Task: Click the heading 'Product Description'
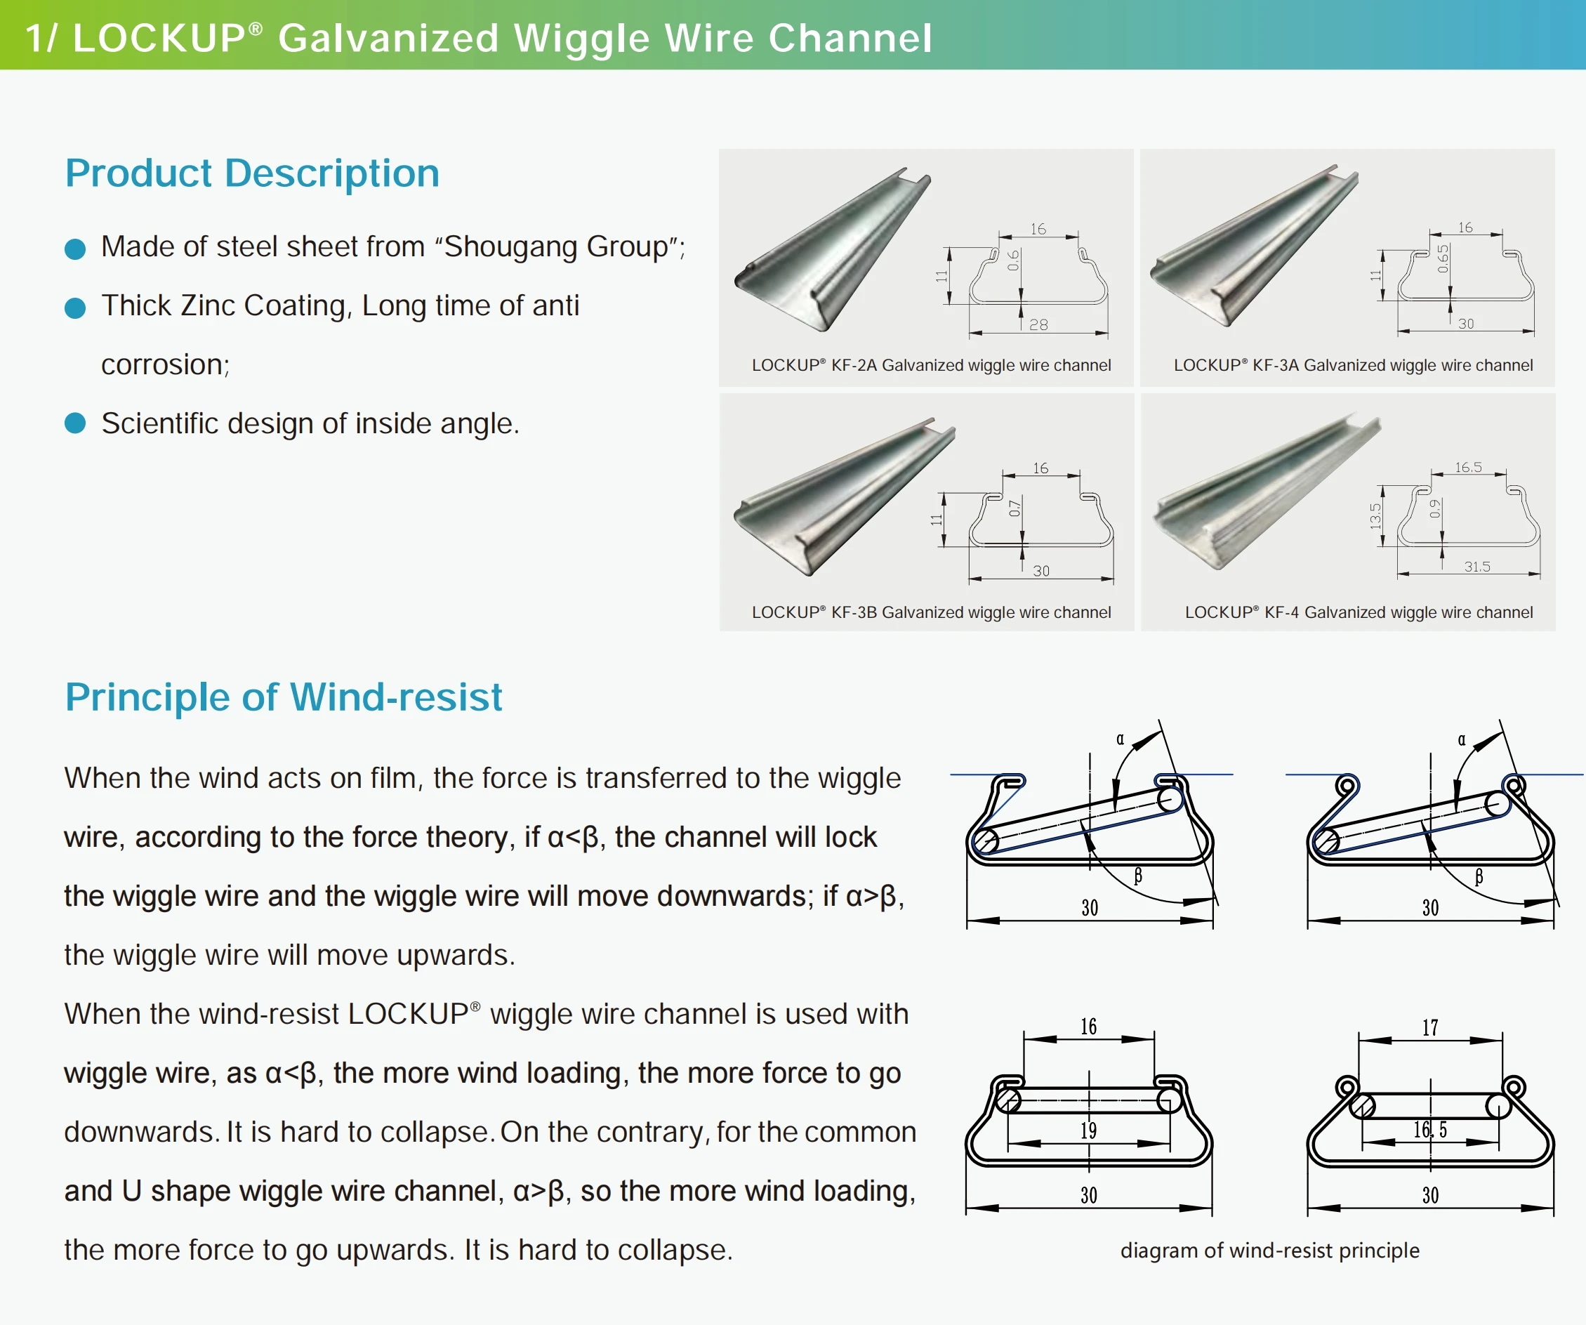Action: [x=252, y=173]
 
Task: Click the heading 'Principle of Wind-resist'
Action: [x=283, y=697]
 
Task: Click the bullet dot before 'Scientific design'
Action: [x=74, y=423]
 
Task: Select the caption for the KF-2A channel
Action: [x=930, y=366]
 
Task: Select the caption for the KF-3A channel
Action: [x=1353, y=366]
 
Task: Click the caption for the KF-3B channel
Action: [x=930, y=612]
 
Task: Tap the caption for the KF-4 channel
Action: [x=1358, y=612]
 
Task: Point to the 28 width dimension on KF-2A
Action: [x=1038, y=325]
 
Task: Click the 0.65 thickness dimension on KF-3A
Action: [x=1443, y=258]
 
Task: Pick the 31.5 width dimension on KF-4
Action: [x=1476, y=567]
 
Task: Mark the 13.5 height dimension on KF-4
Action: [x=1375, y=516]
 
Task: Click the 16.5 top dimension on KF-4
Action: [x=1468, y=468]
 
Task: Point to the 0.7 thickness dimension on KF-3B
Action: [x=1015, y=508]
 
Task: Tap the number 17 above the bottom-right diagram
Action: [x=1429, y=1028]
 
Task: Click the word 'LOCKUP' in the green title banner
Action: [x=159, y=38]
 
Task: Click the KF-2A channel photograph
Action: [x=831, y=249]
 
